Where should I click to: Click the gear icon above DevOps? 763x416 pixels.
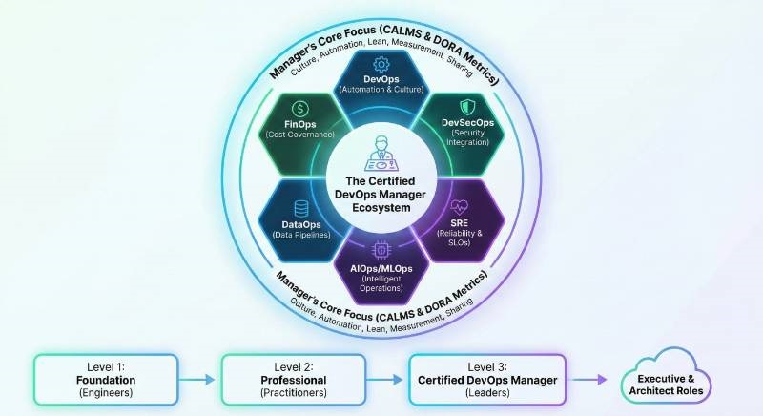[x=381, y=64]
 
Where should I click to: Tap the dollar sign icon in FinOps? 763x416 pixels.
[x=299, y=110]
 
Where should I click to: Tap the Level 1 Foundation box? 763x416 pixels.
[x=107, y=379]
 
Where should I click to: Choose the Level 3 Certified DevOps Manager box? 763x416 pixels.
[x=487, y=379]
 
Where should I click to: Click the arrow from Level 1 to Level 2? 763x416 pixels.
[x=199, y=380]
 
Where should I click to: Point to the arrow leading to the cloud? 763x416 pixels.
[x=588, y=380]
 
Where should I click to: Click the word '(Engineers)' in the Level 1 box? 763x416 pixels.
[x=107, y=392]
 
